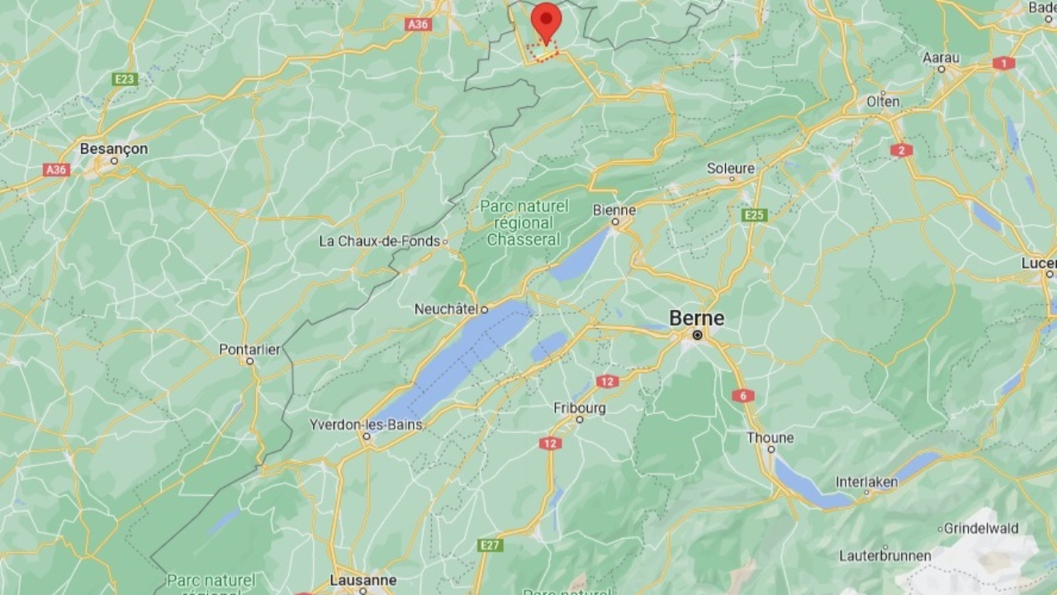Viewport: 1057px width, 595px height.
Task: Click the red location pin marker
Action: pyautogui.click(x=546, y=21)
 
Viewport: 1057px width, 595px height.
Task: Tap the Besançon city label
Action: pyautogui.click(x=114, y=149)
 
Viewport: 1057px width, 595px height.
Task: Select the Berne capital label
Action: pyautogui.click(x=697, y=318)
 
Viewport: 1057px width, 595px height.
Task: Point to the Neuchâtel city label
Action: pyautogui.click(x=447, y=309)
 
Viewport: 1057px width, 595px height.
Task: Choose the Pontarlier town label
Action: pyautogui.click(x=249, y=350)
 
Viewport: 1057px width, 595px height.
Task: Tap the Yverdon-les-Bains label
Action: pyautogui.click(x=366, y=425)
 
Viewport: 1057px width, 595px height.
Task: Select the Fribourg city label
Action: pyautogui.click(x=580, y=408)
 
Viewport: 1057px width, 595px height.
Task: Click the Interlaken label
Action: pyautogui.click(x=866, y=482)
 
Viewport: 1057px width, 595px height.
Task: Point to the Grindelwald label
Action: pyautogui.click(x=981, y=528)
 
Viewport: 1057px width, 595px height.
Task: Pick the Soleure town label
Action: pyautogui.click(x=731, y=169)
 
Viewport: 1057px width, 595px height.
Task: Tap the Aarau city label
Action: pyautogui.click(x=941, y=58)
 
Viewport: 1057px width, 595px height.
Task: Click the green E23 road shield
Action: pyautogui.click(x=126, y=79)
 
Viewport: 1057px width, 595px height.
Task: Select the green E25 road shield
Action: pyautogui.click(x=754, y=216)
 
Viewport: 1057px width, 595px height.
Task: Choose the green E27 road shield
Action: pyautogui.click(x=490, y=545)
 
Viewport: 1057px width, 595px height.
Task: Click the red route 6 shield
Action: pyautogui.click(x=742, y=396)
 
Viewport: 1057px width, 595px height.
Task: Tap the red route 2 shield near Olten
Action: pyautogui.click(x=901, y=150)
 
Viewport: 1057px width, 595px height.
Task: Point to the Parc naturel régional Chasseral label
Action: pyautogui.click(x=524, y=223)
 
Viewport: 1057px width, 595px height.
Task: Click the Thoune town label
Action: pyautogui.click(x=770, y=438)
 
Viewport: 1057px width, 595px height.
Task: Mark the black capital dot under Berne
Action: pyautogui.click(x=698, y=336)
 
